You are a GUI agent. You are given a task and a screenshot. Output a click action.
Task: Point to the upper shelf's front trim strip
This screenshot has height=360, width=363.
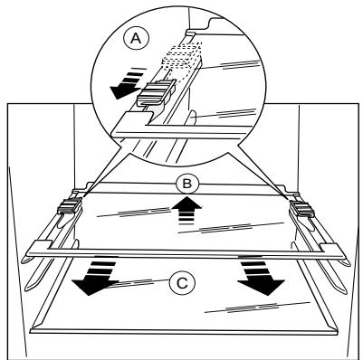181,247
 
